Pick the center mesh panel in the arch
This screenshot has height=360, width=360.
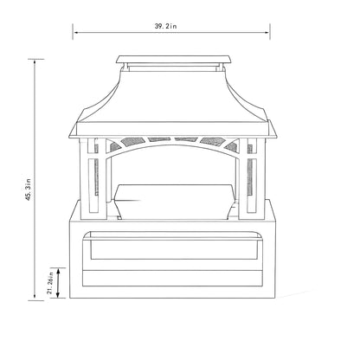click(173, 138)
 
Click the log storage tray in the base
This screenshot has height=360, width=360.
click(173, 248)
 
